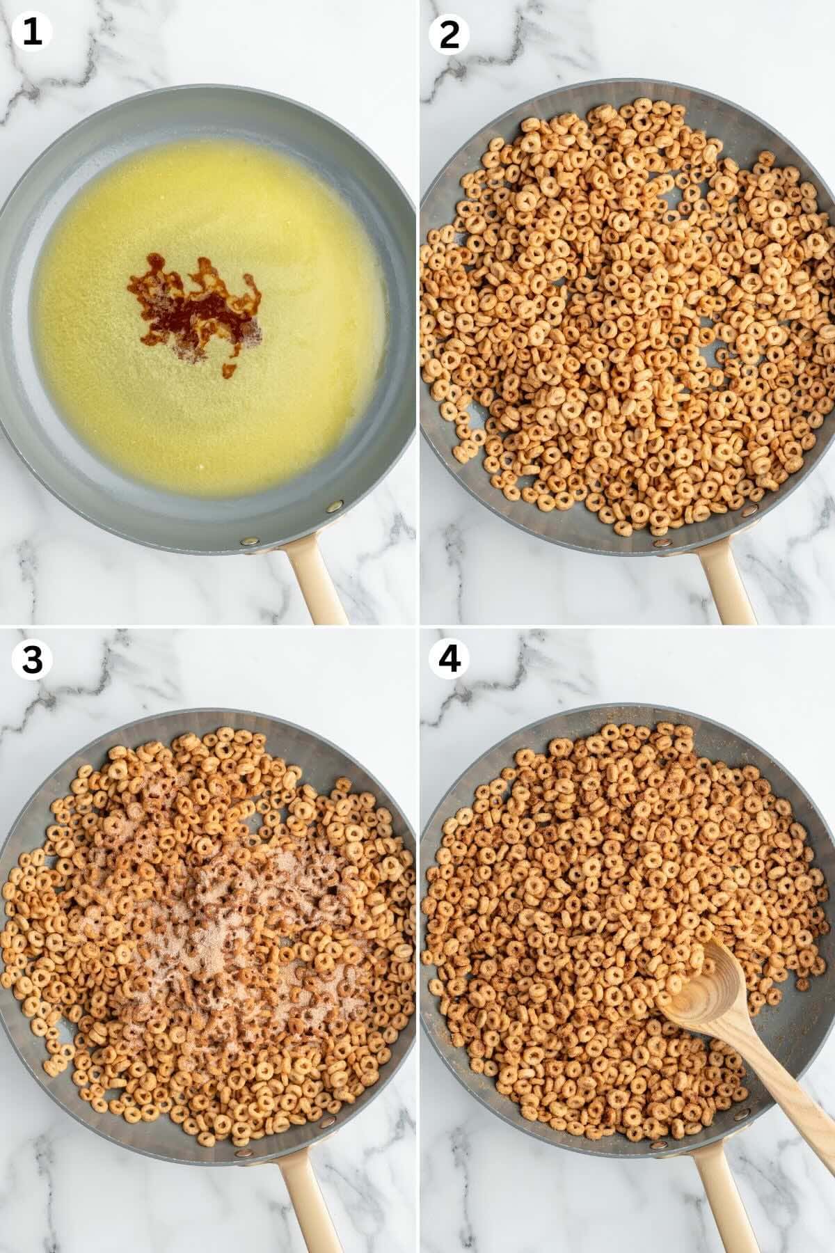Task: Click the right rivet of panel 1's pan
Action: coord(337,505)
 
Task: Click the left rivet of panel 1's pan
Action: coord(246,541)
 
